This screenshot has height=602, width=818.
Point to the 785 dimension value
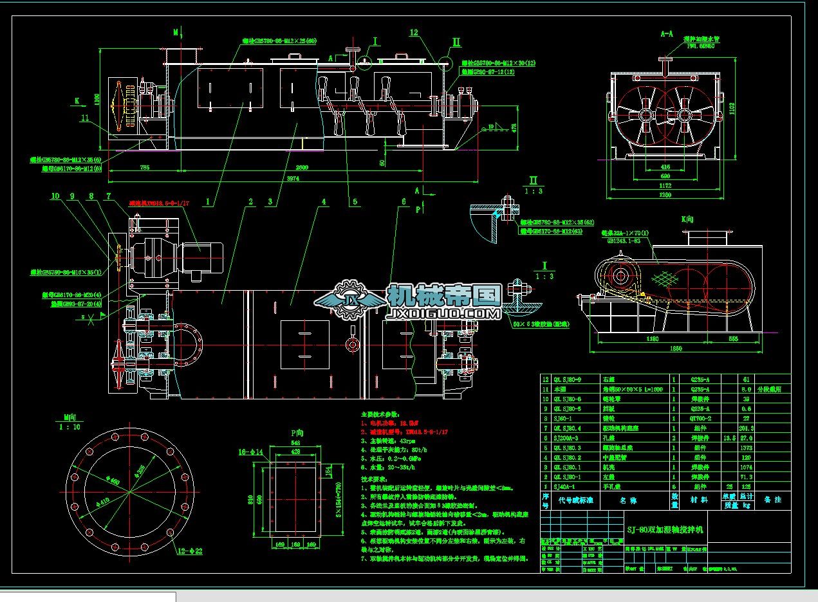(144, 167)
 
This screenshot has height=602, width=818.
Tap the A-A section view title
(666, 32)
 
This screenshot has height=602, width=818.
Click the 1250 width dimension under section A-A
(665, 195)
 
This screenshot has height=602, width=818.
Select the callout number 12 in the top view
(414, 32)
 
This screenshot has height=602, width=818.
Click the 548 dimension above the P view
(295, 443)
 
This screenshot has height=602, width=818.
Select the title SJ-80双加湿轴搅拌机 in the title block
(665, 529)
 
